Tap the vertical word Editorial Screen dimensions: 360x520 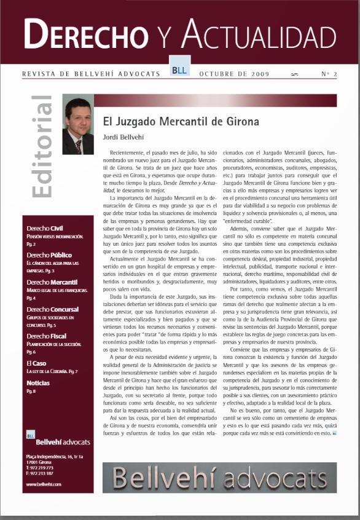pos(41,147)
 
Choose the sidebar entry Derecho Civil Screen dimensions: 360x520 pos(45,227)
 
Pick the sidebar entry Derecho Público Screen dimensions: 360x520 pos(49,254)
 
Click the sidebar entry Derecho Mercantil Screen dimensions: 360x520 pos(52,282)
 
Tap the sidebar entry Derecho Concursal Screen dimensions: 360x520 pos(52,309)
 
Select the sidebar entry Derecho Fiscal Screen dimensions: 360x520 pos(47,336)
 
